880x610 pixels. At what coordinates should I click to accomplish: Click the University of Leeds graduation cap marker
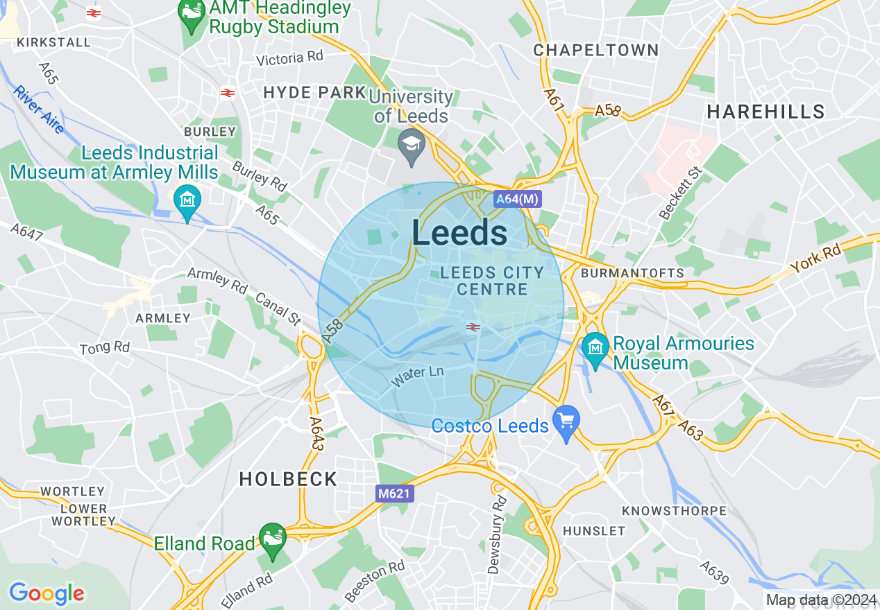point(412,146)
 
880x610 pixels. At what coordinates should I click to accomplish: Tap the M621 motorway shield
point(395,494)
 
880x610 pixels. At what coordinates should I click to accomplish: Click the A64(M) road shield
point(517,199)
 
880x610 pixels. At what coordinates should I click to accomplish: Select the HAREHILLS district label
point(765,112)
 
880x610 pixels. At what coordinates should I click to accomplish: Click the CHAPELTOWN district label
point(595,50)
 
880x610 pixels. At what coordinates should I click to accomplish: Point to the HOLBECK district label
point(288,479)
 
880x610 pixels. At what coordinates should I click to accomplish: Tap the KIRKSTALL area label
point(54,42)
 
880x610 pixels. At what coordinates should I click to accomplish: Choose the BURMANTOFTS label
point(632,273)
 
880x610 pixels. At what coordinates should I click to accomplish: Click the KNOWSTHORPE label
point(674,511)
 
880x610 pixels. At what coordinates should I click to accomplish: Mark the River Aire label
point(39,110)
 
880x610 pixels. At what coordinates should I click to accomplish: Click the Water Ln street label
point(417,376)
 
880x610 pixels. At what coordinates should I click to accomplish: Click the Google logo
point(46,593)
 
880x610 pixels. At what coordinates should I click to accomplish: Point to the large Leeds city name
point(459,233)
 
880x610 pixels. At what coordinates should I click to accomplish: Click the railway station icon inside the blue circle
point(473,326)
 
